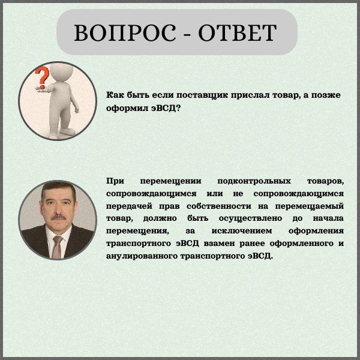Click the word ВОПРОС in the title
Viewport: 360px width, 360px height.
pyautogui.click(x=125, y=32)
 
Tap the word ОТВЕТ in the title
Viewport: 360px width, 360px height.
pyautogui.click(x=238, y=32)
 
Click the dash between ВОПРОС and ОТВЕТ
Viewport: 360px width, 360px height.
pyautogui.click(x=187, y=35)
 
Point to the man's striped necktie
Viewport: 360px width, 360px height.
pyautogui.click(x=57, y=247)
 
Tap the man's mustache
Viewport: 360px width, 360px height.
pyautogui.click(x=58, y=217)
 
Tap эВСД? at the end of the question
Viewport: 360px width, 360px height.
pyautogui.click(x=165, y=108)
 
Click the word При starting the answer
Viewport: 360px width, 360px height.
pyautogui.click(x=115, y=181)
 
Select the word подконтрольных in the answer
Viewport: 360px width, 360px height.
pyautogui.click(x=254, y=181)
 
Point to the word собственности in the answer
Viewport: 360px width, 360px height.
pyautogui.click(x=219, y=206)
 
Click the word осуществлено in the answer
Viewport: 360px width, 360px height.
pyautogui.click(x=250, y=218)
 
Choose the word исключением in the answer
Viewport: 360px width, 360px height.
pyautogui.click(x=242, y=231)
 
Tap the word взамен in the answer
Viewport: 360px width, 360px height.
pyautogui.click(x=219, y=244)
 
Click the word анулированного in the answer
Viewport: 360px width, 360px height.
pyautogui.click(x=142, y=256)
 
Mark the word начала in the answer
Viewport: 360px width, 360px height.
pyautogui.click(x=328, y=218)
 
